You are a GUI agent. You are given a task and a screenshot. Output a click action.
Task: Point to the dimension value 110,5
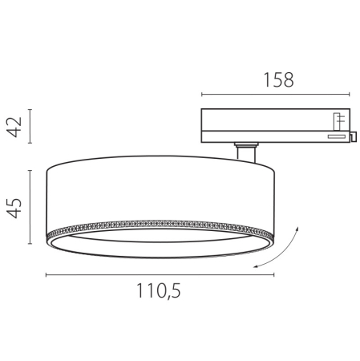(x=157, y=293)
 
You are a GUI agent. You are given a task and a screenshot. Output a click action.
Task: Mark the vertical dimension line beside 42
(x=31, y=125)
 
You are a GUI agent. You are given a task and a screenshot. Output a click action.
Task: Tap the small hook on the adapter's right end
(x=353, y=137)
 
